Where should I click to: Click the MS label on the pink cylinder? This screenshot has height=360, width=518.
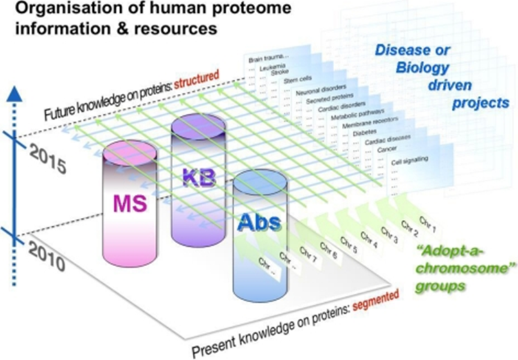pos(130,204)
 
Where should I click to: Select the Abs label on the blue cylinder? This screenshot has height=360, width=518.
pos(260,223)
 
